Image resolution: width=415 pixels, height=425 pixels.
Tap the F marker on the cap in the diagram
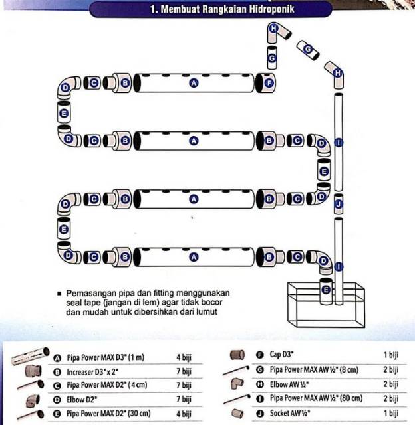(x=269, y=83)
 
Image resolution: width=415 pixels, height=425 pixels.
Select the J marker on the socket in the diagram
(x=339, y=204)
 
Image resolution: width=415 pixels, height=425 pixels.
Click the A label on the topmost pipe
(x=194, y=83)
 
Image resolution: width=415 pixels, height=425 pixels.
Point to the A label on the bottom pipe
(x=194, y=257)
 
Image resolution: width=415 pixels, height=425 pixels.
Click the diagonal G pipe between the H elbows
(x=308, y=50)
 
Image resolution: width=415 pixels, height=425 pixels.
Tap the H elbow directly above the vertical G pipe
(x=277, y=32)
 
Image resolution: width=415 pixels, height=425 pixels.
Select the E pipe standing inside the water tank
(x=326, y=291)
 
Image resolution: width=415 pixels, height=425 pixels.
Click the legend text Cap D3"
(x=281, y=354)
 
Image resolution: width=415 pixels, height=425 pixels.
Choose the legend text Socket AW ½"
(x=290, y=413)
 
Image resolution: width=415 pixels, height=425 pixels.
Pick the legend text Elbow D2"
(x=82, y=400)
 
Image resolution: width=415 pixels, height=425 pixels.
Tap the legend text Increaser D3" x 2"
(x=92, y=372)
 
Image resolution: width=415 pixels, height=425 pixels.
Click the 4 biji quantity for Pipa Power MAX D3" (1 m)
(x=184, y=357)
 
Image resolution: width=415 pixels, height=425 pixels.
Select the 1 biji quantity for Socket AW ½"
(x=391, y=413)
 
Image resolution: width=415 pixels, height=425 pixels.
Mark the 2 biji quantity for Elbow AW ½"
(x=391, y=384)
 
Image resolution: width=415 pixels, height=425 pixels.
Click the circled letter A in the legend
(x=57, y=358)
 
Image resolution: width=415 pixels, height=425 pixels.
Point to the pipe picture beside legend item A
(x=30, y=356)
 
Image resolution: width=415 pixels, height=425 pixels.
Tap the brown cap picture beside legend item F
(x=237, y=355)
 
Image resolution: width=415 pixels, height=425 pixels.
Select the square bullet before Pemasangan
(x=59, y=294)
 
